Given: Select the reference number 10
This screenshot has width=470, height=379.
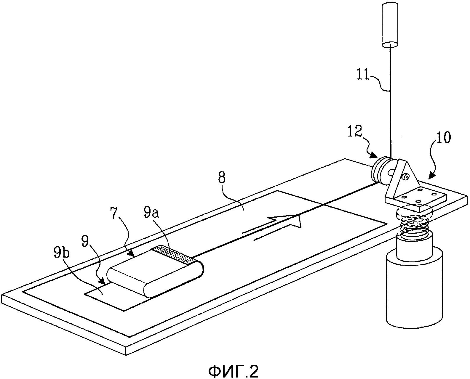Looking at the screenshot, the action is (442, 138).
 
